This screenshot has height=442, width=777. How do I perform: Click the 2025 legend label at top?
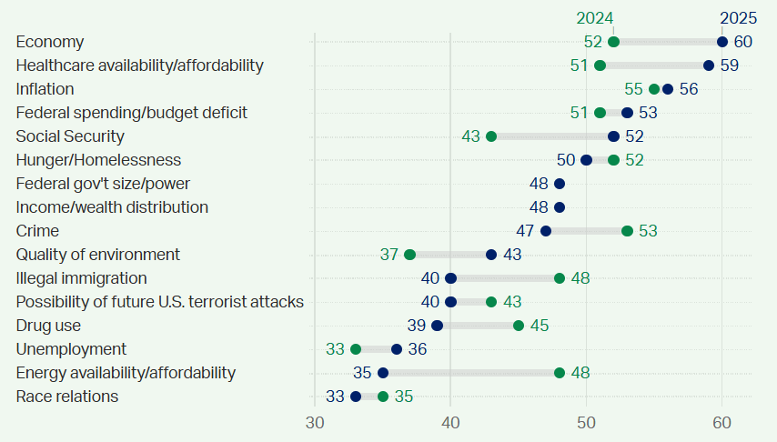tap(738, 18)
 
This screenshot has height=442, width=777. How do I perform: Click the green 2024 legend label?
tap(595, 18)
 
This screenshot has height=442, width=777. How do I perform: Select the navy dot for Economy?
tap(722, 42)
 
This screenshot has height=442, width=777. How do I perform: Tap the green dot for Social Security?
tap(491, 136)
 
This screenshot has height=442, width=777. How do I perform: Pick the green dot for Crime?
tap(627, 231)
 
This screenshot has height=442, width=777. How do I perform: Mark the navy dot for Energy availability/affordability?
tap(383, 373)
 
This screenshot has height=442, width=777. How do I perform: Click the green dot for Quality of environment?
tap(409, 255)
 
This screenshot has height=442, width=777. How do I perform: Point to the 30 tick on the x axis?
tap(315, 423)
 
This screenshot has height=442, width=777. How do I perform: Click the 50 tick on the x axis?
tap(586, 423)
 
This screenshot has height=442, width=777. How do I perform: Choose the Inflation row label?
tap(45, 89)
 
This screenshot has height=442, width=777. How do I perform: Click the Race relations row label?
tap(67, 397)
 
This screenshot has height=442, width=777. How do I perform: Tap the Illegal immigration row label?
tap(82, 278)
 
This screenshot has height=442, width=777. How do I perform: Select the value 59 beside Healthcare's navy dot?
tap(729, 65)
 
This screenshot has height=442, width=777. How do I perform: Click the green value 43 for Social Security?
tap(470, 136)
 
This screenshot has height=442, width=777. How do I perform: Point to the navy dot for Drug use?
tap(437, 326)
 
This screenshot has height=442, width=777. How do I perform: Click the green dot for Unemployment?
tap(356, 349)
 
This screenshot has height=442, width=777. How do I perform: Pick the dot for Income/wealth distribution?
tap(560, 207)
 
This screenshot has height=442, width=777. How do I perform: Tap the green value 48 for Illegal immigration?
tap(581, 278)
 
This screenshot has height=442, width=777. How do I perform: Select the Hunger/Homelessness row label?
tap(98, 160)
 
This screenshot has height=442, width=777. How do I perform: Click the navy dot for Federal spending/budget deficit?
tap(627, 113)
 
